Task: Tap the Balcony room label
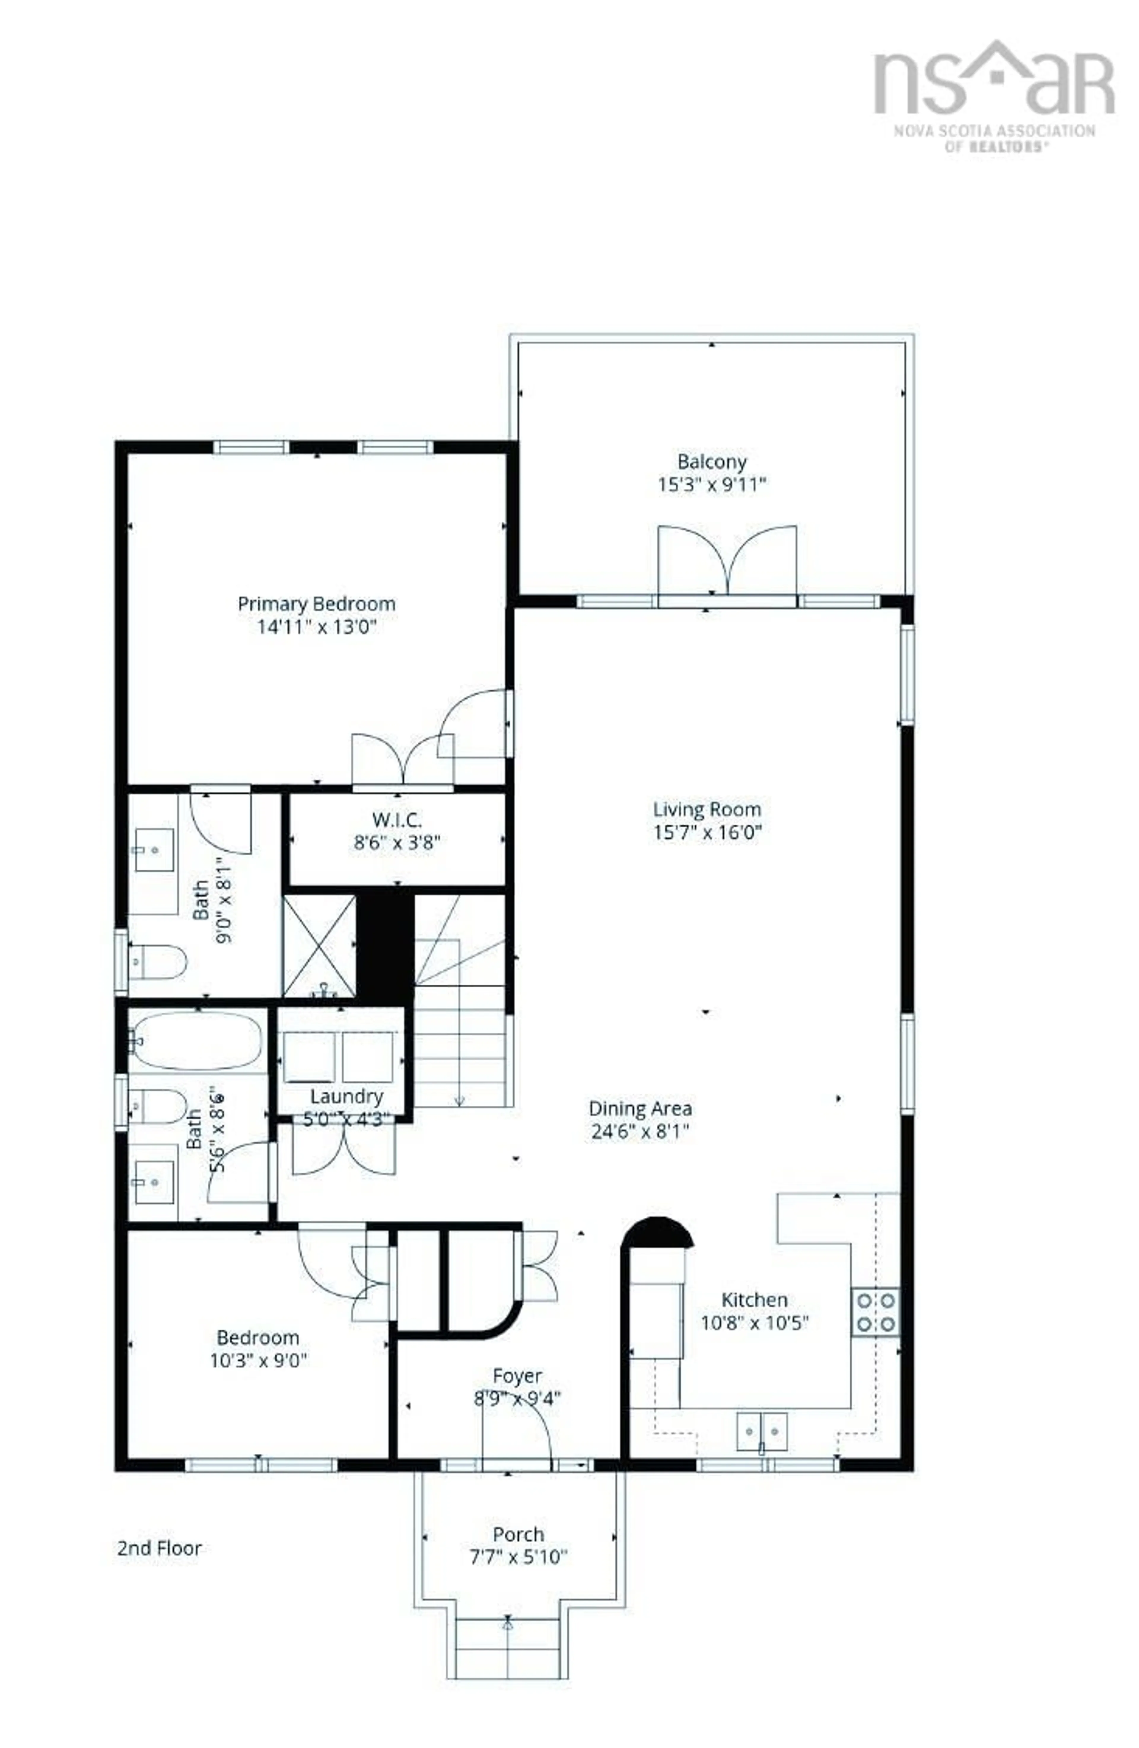click(711, 462)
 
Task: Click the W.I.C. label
click(397, 819)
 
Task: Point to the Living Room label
click(707, 809)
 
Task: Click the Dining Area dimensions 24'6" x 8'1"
click(640, 1131)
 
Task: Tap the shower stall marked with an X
click(319, 945)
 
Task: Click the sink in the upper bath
click(154, 850)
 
